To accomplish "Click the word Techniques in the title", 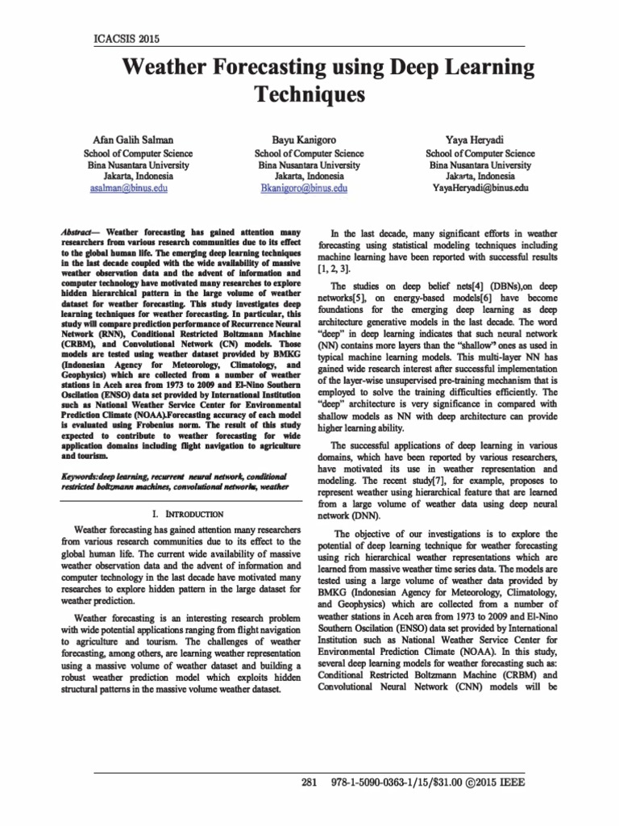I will pyautogui.click(x=309, y=94).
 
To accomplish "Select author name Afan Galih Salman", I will pyautogui.click(x=138, y=140).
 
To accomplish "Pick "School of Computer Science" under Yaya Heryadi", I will pyautogui.click(x=480, y=152).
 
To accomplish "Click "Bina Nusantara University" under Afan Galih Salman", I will pyautogui.click(x=138, y=164).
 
